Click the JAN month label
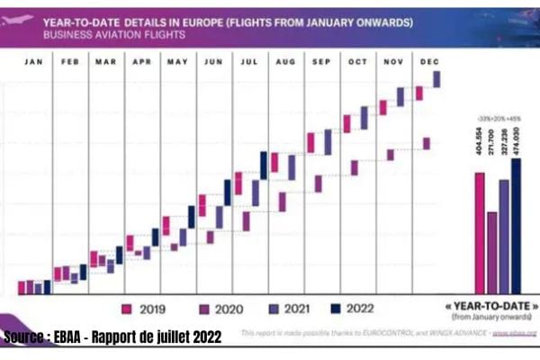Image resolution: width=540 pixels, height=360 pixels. (x=33, y=62)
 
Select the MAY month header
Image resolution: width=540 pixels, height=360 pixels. (x=177, y=62)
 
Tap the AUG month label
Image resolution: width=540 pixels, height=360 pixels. (x=285, y=62)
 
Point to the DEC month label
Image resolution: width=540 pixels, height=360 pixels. (x=429, y=62)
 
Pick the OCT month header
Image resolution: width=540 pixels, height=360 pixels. (x=357, y=62)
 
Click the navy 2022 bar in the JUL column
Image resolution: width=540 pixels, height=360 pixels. (x=264, y=165)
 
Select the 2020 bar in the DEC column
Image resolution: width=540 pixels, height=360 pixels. (x=427, y=143)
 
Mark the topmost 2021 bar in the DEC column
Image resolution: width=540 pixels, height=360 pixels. (x=437, y=79)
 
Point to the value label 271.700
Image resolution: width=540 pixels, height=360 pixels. (x=491, y=142)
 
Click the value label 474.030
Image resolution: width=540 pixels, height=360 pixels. (x=516, y=142)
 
